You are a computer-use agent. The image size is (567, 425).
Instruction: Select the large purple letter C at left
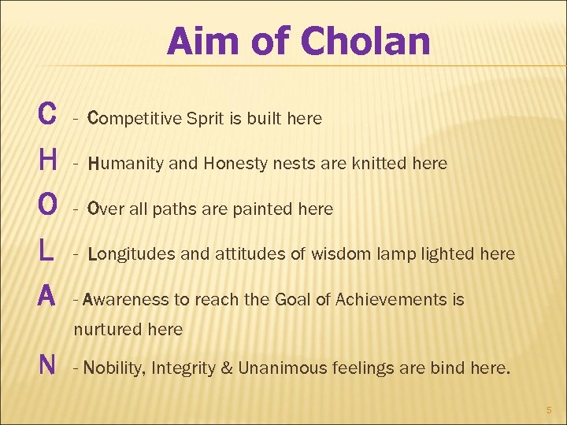tap(46, 115)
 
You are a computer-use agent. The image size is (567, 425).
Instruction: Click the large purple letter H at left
tap(46, 161)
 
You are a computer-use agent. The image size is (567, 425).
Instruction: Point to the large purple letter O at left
tap(46, 206)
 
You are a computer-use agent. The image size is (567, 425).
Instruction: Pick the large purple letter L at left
tap(45, 251)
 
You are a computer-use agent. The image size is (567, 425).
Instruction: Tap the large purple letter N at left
tap(46, 364)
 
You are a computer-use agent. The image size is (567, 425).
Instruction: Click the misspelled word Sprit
tap(205, 119)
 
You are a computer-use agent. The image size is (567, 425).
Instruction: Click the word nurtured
tap(104, 330)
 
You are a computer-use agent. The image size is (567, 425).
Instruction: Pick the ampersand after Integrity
tap(226, 368)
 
